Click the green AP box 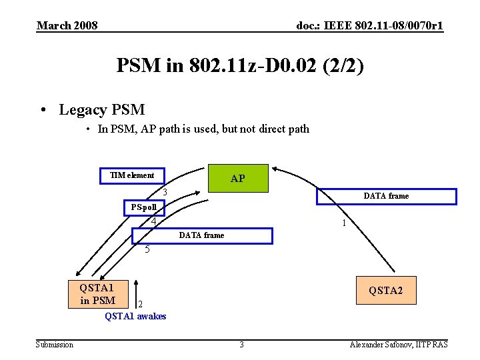pyautogui.click(x=238, y=178)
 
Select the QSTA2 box pyautogui.click(x=386, y=291)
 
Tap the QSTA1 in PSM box pyautogui.click(x=93, y=293)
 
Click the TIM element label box pyautogui.click(x=132, y=175)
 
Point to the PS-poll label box pyautogui.click(x=144, y=207)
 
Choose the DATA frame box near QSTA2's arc pyautogui.click(x=385, y=196)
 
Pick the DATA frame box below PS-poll pyautogui.click(x=202, y=235)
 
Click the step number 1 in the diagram pyautogui.click(x=343, y=224)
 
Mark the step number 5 pyautogui.click(x=148, y=250)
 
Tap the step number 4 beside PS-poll pyautogui.click(x=153, y=221)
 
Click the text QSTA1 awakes pyautogui.click(x=135, y=316)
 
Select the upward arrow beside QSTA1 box pyautogui.click(x=136, y=291)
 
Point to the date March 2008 pyautogui.click(x=67, y=26)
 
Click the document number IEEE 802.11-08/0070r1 pyautogui.click(x=370, y=26)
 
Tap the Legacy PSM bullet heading pyautogui.click(x=101, y=109)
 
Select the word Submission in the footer pyautogui.click(x=55, y=344)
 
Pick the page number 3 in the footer pyautogui.click(x=242, y=344)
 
